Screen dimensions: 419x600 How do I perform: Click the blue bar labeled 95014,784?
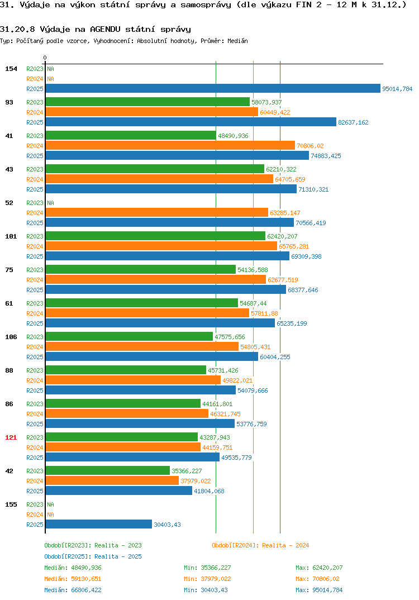click(x=213, y=88)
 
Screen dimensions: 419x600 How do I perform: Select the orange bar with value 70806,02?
click(x=170, y=145)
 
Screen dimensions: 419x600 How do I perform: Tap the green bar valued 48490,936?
click(x=131, y=135)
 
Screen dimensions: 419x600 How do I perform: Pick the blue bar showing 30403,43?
click(x=99, y=524)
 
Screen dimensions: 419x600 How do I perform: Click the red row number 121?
click(x=11, y=437)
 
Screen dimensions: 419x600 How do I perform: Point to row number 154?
click(x=11, y=69)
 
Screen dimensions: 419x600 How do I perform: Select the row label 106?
click(x=11, y=337)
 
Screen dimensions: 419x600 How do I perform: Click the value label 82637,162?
click(x=353, y=122)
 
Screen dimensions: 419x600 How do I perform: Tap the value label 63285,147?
click(x=285, y=213)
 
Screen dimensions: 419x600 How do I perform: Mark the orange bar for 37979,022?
click(x=112, y=480)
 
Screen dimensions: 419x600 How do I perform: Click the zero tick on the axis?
click(x=45, y=58)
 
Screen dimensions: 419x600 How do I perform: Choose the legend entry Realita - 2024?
click(x=260, y=545)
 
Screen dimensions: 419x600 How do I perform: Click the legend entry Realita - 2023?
click(x=93, y=545)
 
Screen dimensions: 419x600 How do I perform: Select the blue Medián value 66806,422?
click(x=86, y=590)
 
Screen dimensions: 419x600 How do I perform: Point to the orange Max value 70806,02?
click(x=326, y=579)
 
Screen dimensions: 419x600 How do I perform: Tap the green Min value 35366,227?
click(x=216, y=568)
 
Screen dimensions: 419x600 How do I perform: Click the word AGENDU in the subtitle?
click(x=105, y=30)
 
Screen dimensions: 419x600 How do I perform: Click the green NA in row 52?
click(x=50, y=203)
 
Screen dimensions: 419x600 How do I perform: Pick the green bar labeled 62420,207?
click(x=155, y=236)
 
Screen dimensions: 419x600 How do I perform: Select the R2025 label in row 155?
click(x=35, y=525)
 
